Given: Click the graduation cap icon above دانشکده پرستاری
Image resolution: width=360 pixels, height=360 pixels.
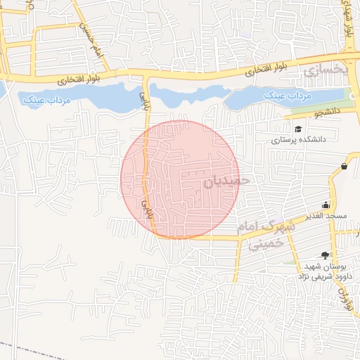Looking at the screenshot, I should coord(299,129).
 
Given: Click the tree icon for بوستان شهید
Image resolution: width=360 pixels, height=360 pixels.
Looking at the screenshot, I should coord(325,255).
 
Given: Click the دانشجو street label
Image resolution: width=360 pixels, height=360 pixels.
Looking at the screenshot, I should coord(327,112).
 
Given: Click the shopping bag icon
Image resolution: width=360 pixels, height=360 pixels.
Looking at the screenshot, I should coord(344,167).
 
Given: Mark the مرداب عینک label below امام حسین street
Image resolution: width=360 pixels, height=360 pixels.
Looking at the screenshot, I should coord(48,101).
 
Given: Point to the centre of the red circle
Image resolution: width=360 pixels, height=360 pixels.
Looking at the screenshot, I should coord(180,179).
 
